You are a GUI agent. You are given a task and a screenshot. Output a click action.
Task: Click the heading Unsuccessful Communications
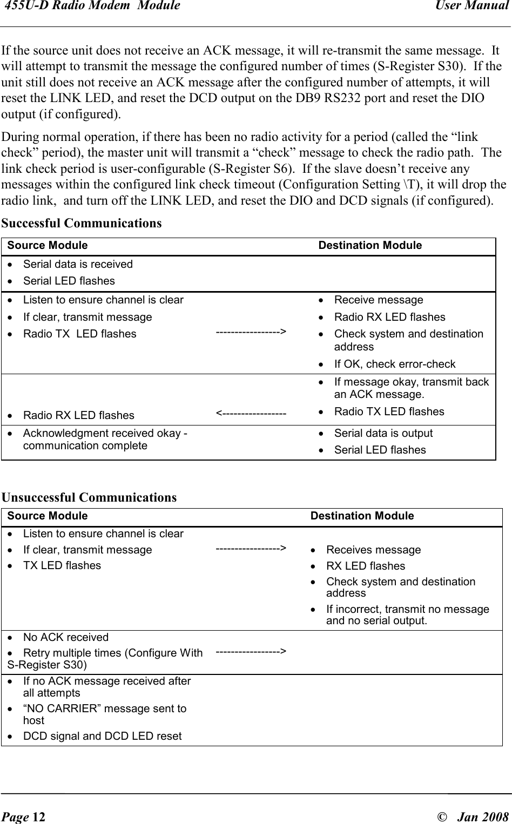89,497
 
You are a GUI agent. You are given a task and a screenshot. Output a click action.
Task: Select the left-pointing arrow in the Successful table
251,414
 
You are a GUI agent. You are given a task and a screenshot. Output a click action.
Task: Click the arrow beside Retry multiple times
251,652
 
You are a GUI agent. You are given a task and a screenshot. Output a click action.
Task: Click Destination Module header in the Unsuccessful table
362,516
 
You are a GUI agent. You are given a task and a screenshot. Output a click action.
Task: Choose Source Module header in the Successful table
48,246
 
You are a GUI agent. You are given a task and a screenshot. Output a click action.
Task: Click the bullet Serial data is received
78,264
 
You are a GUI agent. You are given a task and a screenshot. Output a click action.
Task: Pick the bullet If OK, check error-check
395,364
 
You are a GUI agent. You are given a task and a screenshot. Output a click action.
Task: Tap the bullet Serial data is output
383,433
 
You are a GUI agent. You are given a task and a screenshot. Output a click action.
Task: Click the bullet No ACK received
66,637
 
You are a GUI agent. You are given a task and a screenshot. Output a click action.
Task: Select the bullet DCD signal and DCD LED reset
103,736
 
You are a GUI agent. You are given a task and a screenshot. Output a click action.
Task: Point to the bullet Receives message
373,550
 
